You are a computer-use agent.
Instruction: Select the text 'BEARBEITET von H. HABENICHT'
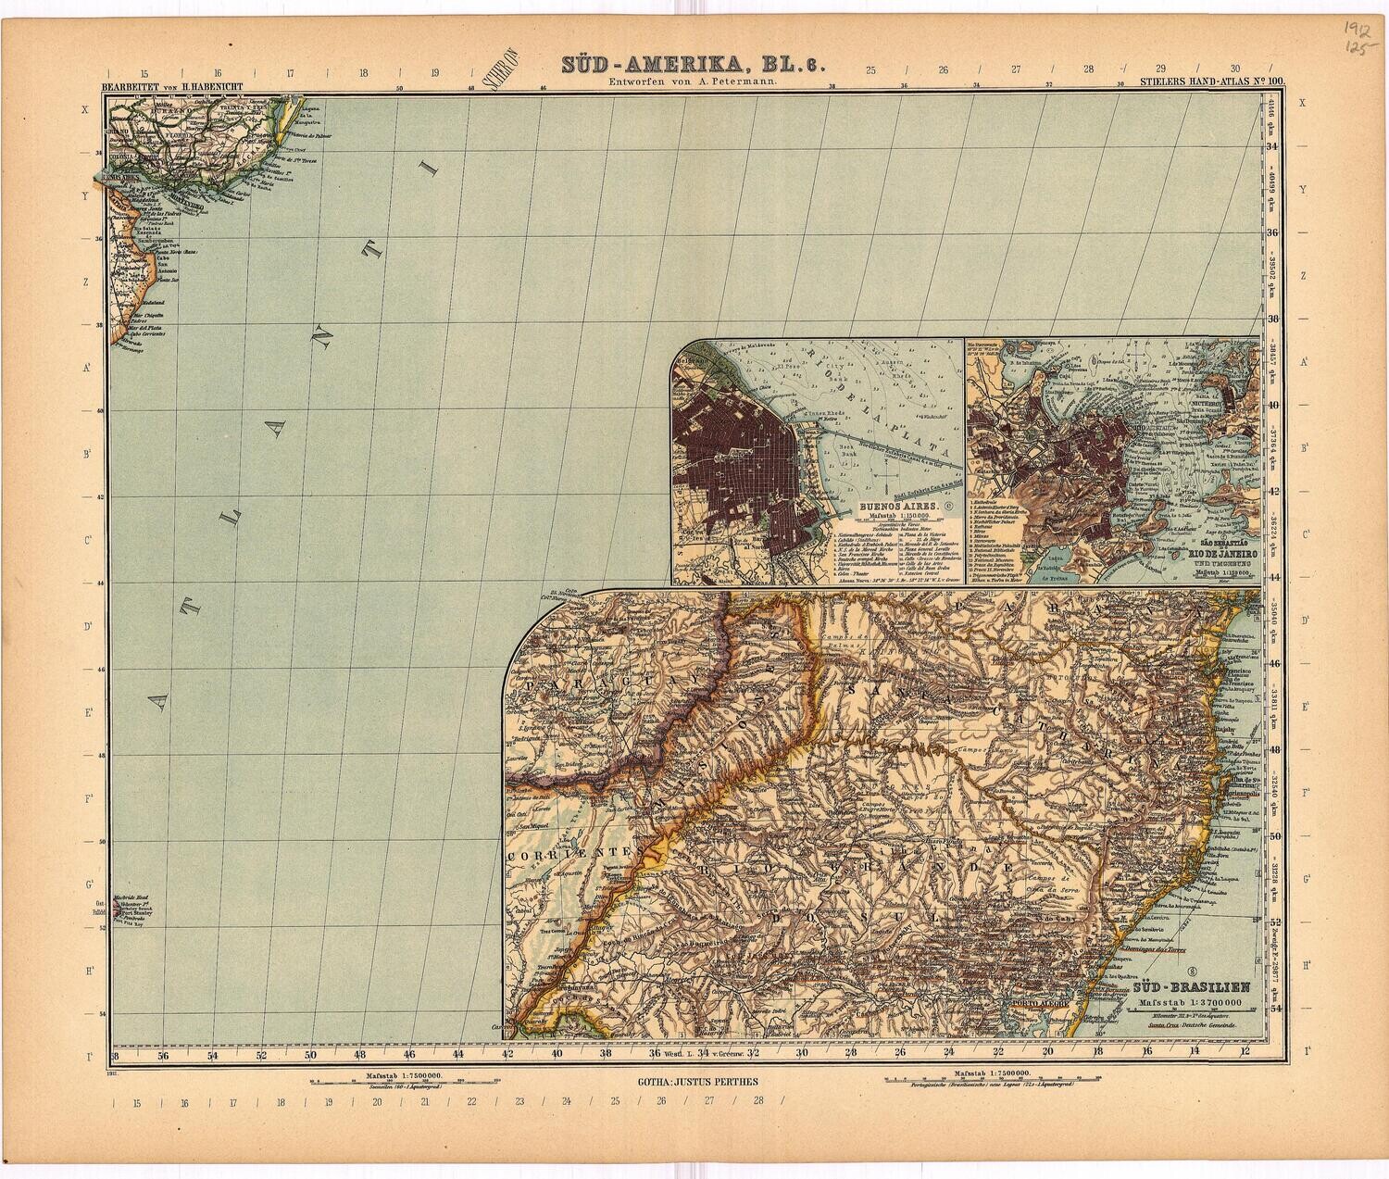(x=162, y=88)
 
